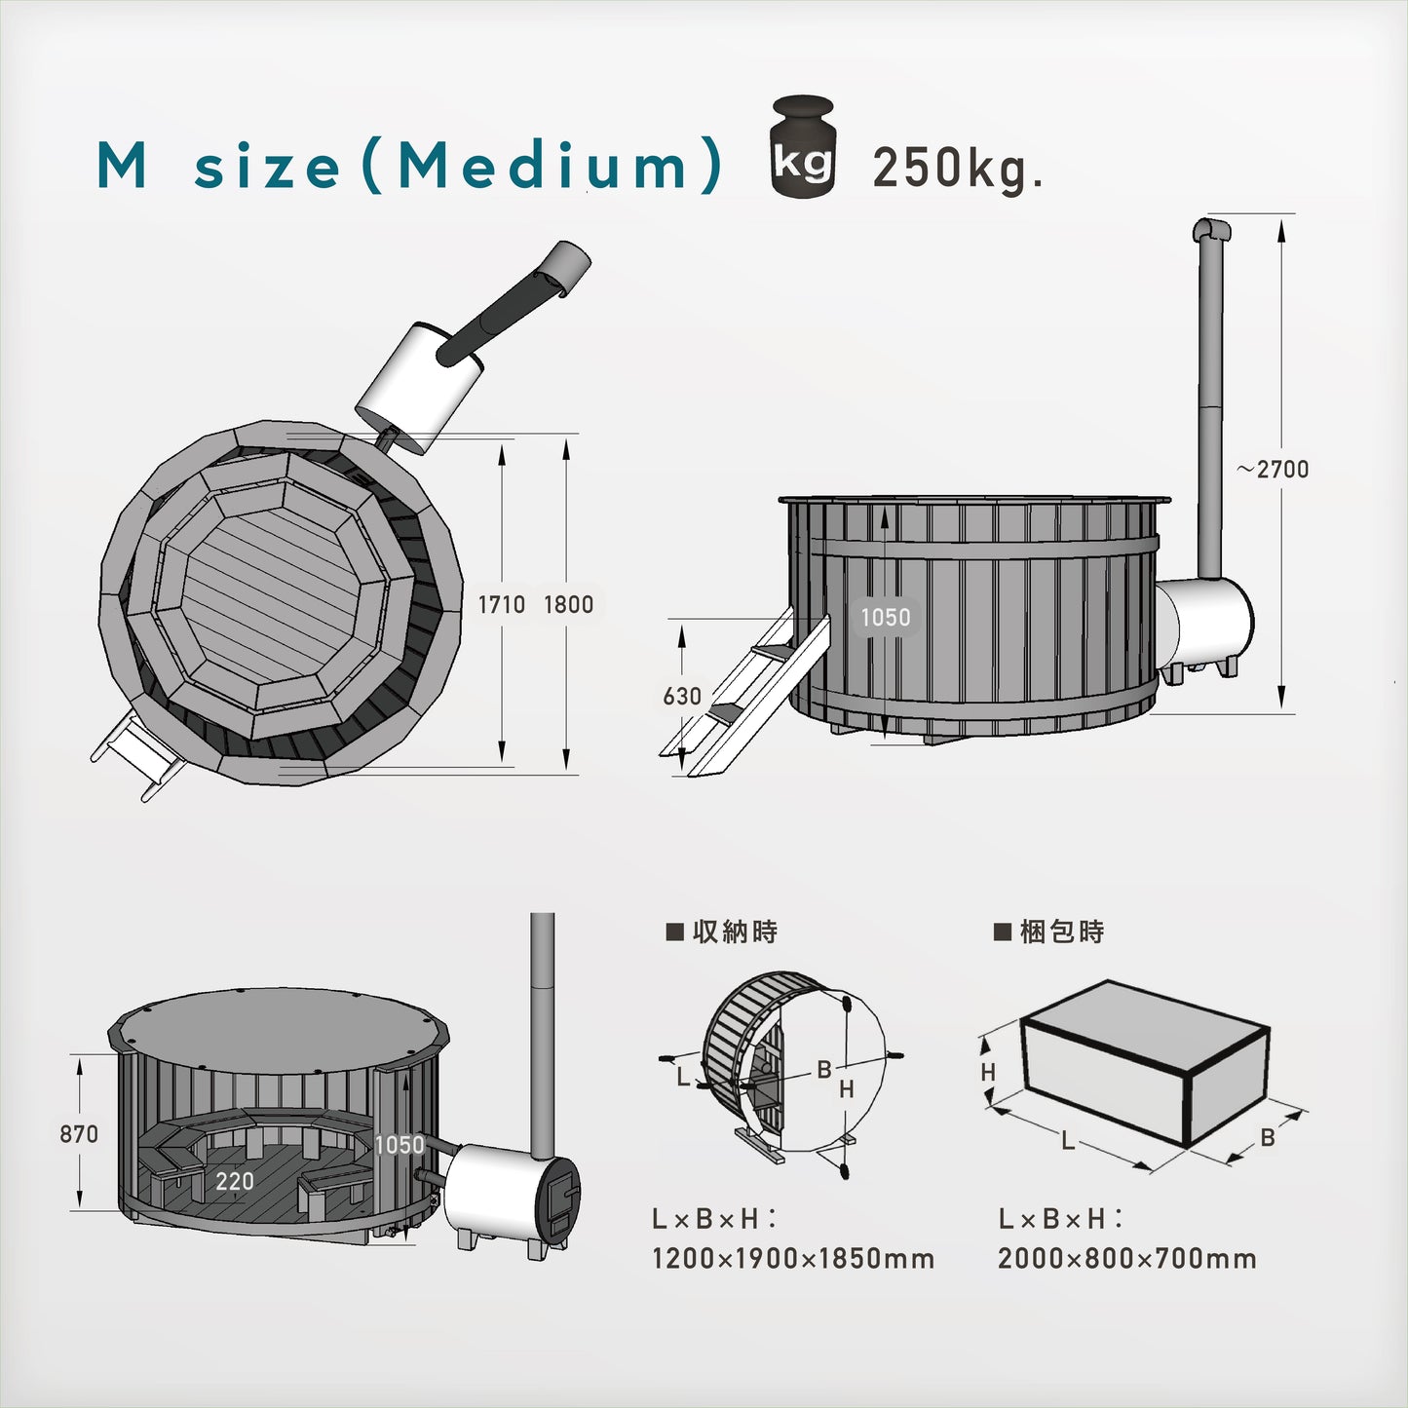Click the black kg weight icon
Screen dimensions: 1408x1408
coord(803,146)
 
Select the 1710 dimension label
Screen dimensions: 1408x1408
coord(502,604)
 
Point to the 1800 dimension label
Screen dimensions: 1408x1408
coord(568,604)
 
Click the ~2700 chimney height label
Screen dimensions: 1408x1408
coord(1273,469)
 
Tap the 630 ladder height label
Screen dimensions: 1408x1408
coord(682,697)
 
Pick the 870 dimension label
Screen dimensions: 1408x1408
coord(79,1134)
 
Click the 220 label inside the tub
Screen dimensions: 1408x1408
coord(235,1182)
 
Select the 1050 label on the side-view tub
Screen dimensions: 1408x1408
coord(886,618)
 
